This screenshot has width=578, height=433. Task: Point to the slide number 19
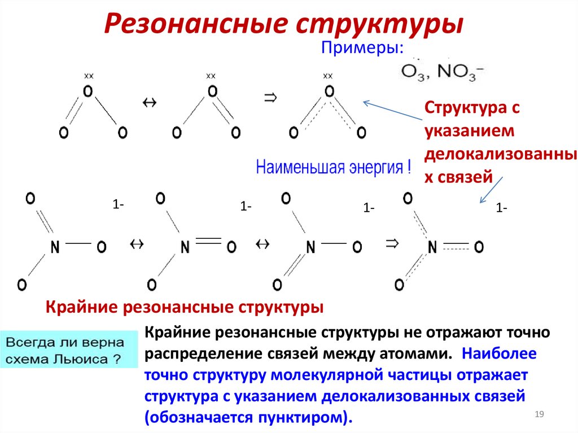click(x=538, y=415)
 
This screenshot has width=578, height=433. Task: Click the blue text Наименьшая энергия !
click(x=334, y=168)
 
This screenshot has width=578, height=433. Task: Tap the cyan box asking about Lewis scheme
click(x=68, y=351)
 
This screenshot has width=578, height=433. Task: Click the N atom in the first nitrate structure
click(x=55, y=247)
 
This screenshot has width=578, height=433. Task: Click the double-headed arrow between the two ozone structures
click(x=150, y=102)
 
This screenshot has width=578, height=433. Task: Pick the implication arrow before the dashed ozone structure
click(x=271, y=98)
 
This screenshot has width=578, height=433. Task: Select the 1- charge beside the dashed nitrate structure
click(x=501, y=208)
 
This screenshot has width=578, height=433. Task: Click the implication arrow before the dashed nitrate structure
click(x=392, y=243)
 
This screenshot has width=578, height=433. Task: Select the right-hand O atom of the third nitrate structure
click(x=357, y=247)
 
